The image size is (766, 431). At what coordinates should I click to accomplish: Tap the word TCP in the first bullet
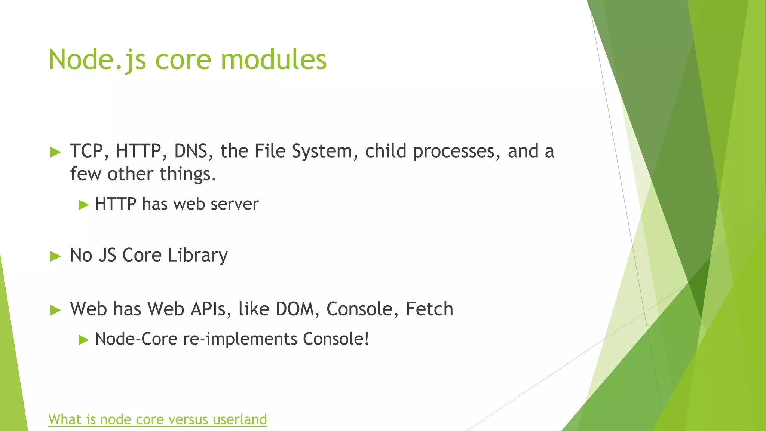click(x=87, y=151)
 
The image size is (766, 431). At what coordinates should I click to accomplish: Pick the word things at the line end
click(x=188, y=174)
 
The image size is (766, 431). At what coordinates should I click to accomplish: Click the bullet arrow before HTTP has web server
click(x=84, y=205)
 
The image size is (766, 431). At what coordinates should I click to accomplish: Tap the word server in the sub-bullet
click(x=235, y=204)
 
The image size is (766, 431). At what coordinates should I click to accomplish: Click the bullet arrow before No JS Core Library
click(x=55, y=256)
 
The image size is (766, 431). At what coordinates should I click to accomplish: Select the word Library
click(x=197, y=256)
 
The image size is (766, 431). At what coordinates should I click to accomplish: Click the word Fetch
click(x=429, y=309)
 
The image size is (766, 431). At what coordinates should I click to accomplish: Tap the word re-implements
click(x=240, y=339)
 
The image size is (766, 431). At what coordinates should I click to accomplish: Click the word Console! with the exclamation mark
click(x=336, y=339)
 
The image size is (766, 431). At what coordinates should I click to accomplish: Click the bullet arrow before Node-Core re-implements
click(x=84, y=340)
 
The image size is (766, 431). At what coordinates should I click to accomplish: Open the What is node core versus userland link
click(x=157, y=419)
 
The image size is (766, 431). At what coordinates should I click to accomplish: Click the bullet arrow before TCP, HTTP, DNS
click(x=55, y=152)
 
